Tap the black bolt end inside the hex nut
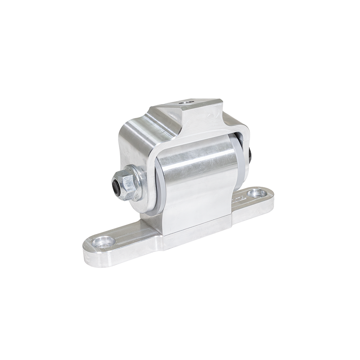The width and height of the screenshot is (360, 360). [117, 186]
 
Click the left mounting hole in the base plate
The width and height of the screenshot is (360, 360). [103, 242]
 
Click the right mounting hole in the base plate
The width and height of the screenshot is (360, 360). [257, 193]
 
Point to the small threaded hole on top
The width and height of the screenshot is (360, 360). [186, 103]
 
